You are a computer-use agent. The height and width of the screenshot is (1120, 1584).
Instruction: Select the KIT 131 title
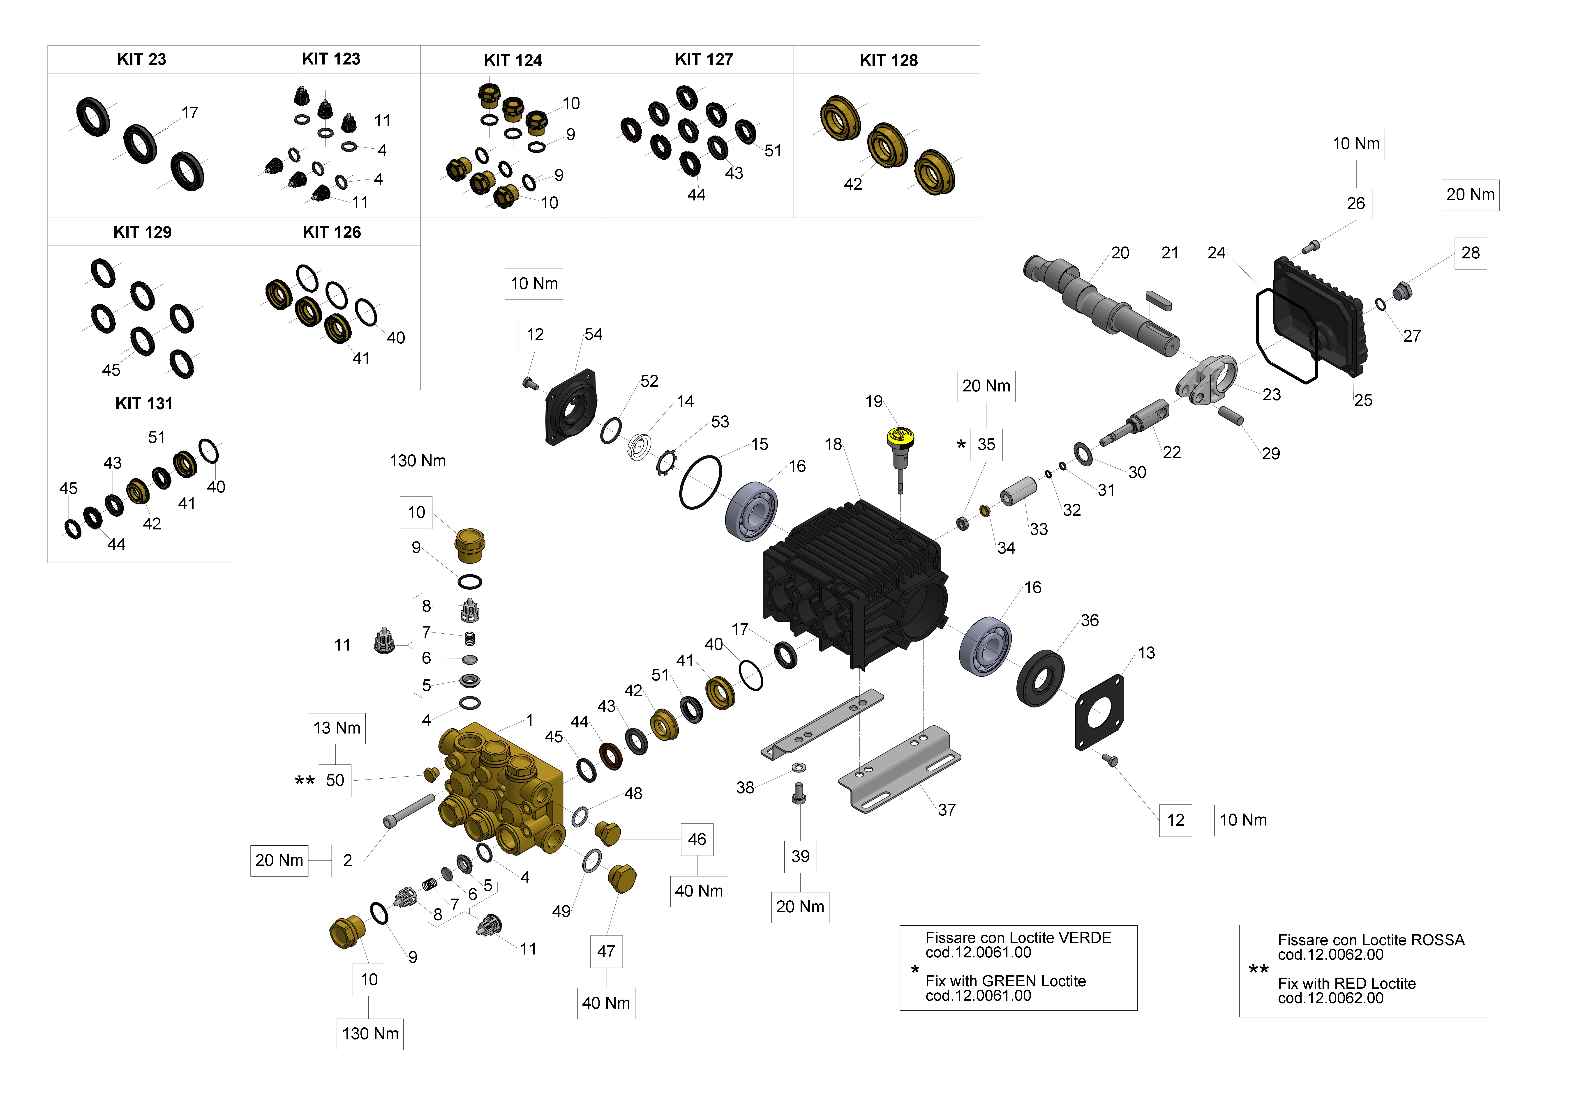[x=143, y=403]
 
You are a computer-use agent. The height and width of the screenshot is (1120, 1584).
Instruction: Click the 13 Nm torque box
[x=337, y=728]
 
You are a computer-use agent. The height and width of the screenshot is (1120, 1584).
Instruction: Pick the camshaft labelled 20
[x=1097, y=304]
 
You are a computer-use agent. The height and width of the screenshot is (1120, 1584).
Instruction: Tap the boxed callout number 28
[x=1470, y=253]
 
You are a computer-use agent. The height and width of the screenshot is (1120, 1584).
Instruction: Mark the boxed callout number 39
[x=800, y=857]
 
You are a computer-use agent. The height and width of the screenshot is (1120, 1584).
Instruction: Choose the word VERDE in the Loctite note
[x=1085, y=938]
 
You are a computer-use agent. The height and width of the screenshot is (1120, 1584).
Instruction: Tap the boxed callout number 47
[x=606, y=952]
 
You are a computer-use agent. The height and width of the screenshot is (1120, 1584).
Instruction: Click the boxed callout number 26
[x=1356, y=203]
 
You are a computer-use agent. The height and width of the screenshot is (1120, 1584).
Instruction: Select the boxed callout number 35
[x=986, y=445]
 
